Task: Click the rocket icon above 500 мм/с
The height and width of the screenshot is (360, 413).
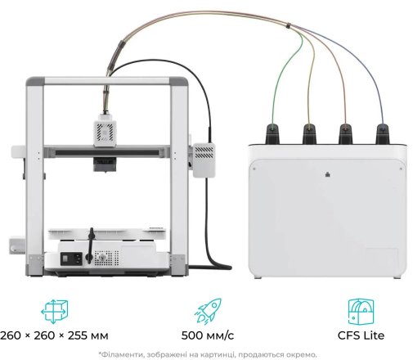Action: (x=208, y=311)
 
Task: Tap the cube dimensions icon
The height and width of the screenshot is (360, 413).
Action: (x=54, y=312)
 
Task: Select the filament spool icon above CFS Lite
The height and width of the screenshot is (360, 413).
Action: (x=361, y=312)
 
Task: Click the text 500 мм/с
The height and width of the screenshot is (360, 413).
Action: (x=208, y=335)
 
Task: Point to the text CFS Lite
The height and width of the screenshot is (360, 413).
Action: (x=361, y=335)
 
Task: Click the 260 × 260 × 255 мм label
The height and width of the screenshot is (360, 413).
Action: (x=54, y=335)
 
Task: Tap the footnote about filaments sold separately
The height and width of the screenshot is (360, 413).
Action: (x=208, y=354)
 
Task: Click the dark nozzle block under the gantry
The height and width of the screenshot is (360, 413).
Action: (x=105, y=164)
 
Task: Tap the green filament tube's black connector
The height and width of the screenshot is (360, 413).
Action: (x=272, y=133)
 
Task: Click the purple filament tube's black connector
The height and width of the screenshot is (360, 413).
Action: (x=383, y=133)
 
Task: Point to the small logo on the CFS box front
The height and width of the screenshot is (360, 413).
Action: (x=328, y=174)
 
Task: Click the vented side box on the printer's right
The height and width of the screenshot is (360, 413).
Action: (x=204, y=160)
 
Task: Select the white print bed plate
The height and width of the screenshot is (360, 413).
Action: (x=107, y=234)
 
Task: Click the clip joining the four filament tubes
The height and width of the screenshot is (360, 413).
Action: (x=288, y=25)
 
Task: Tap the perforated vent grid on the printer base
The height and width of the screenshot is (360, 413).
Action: (x=106, y=258)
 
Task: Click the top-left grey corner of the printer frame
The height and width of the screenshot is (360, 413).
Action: (x=35, y=81)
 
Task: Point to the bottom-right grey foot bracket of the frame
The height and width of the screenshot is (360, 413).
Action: (x=178, y=264)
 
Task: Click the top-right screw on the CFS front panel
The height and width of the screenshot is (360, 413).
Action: (x=401, y=169)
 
